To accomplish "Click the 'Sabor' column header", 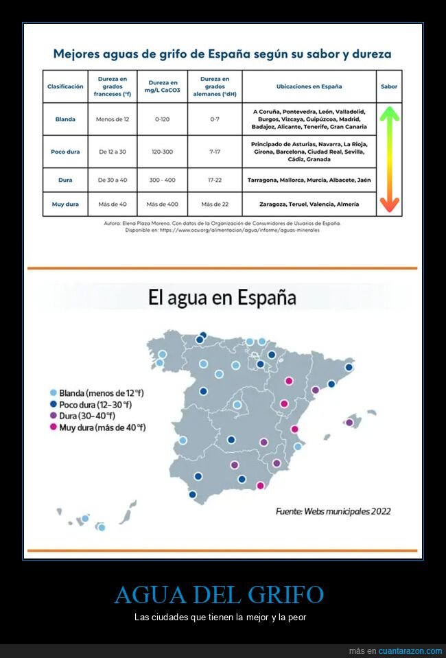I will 389,86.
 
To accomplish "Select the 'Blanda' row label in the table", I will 65,119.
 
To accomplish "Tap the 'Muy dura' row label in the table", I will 65,204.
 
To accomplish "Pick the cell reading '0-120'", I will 162,119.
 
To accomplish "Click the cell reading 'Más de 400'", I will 162,204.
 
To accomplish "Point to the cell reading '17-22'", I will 214,180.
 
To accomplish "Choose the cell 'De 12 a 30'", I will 113,152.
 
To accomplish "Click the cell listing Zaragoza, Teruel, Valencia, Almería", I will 309,204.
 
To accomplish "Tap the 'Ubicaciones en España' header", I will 309,86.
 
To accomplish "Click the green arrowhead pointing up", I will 389,112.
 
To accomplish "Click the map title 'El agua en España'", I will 222,298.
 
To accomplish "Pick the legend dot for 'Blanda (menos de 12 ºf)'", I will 54,393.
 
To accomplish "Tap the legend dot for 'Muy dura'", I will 54,427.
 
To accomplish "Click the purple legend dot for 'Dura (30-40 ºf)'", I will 54,416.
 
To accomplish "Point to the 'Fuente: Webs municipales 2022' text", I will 333,510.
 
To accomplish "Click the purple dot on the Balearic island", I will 349,423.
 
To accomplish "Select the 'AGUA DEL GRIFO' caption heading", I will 219,594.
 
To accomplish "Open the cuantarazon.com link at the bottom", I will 410,650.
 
